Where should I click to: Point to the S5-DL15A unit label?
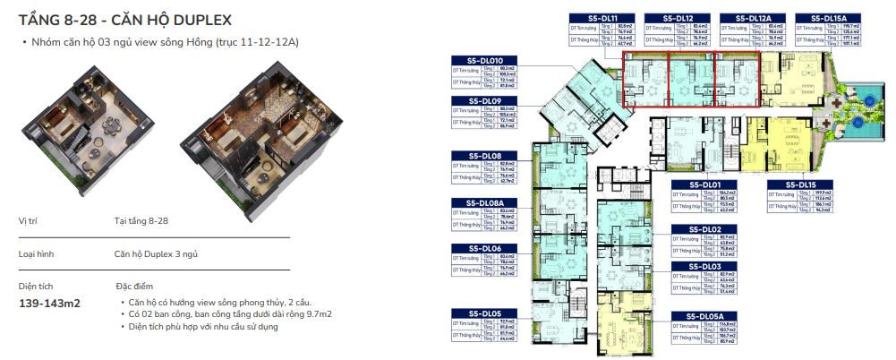tap(828, 17)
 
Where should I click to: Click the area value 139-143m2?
tap(49, 304)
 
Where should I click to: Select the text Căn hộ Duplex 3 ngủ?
tap(156, 254)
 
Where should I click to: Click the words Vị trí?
tap(28, 219)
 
